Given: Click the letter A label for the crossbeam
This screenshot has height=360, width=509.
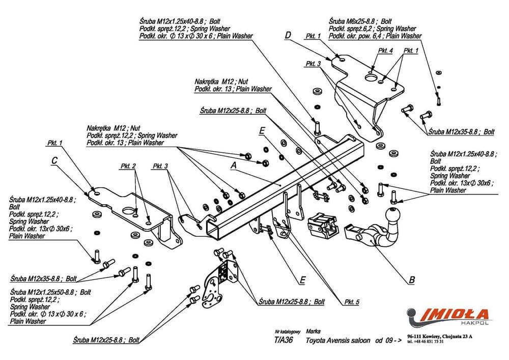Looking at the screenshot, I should click(234, 165).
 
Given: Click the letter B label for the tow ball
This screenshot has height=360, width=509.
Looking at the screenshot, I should click(412, 280).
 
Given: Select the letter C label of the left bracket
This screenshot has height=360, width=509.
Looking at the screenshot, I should click(54, 161).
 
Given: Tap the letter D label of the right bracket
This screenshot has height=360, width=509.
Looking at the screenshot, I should click(288, 36).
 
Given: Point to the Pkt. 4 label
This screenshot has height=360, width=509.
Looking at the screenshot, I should click(385, 51).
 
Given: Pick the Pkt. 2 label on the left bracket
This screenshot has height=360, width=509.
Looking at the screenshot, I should click(128, 166).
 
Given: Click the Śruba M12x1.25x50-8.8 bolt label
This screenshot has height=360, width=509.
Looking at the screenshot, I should click(43, 292).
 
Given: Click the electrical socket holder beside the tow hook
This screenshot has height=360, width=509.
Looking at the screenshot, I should click(323, 226).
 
